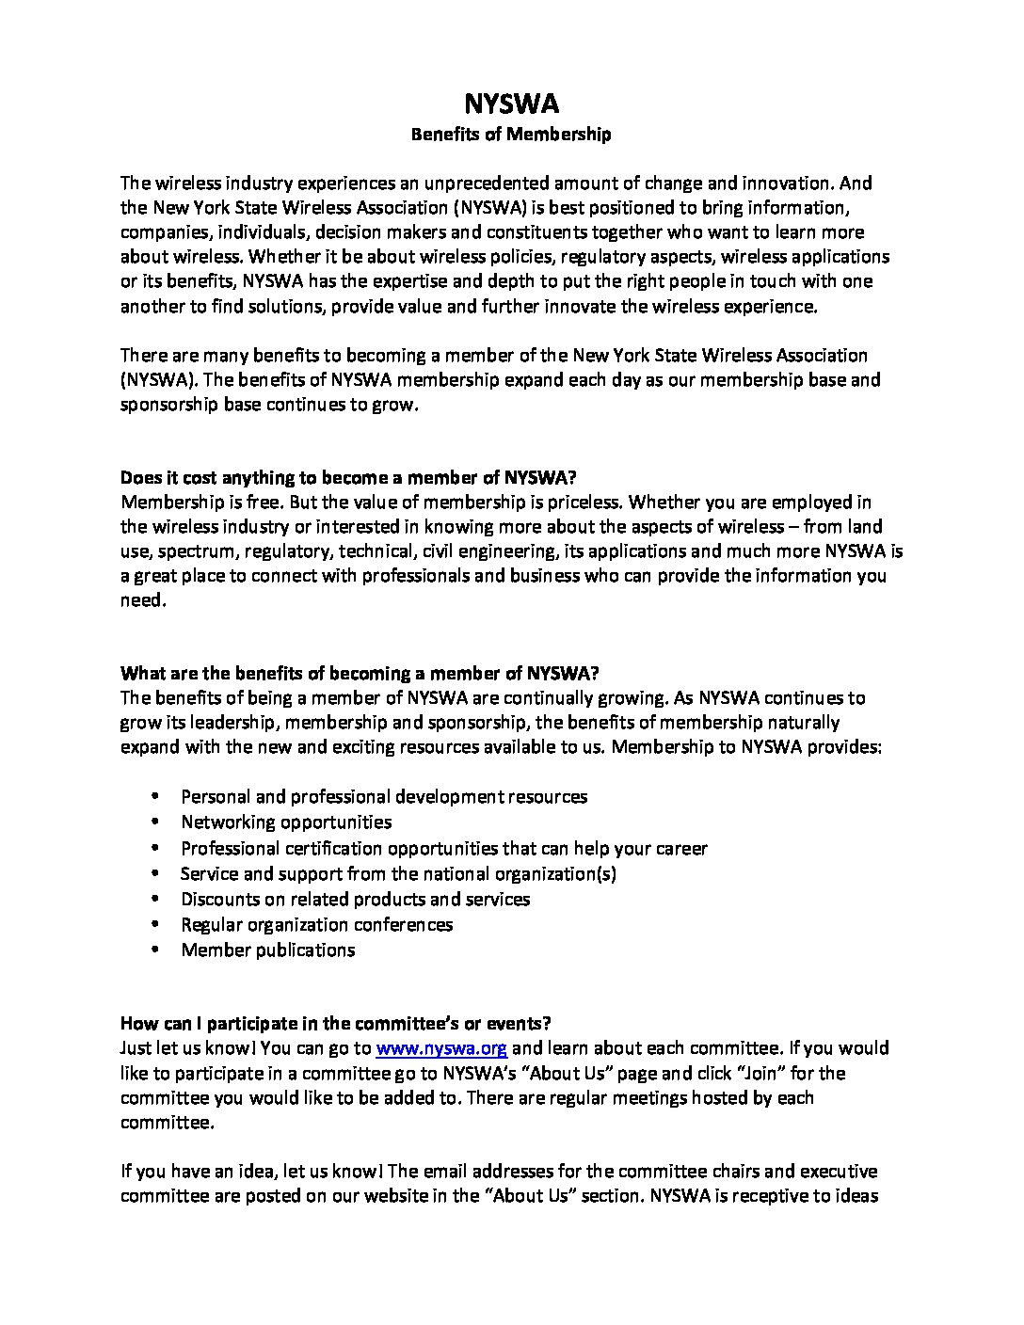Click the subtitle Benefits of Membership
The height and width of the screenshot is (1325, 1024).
pyautogui.click(x=511, y=135)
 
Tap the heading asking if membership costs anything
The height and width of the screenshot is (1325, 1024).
pyautogui.click(x=356, y=477)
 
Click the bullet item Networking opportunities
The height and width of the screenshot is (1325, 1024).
pyautogui.click(x=286, y=822)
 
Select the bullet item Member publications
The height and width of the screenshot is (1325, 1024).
pyautogui.click(x=267, y=950)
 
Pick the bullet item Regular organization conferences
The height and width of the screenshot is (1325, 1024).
pyautogui.click(x=316, y=924)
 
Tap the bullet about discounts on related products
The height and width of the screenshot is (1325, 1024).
pyautogui.click(x=355, y=899)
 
